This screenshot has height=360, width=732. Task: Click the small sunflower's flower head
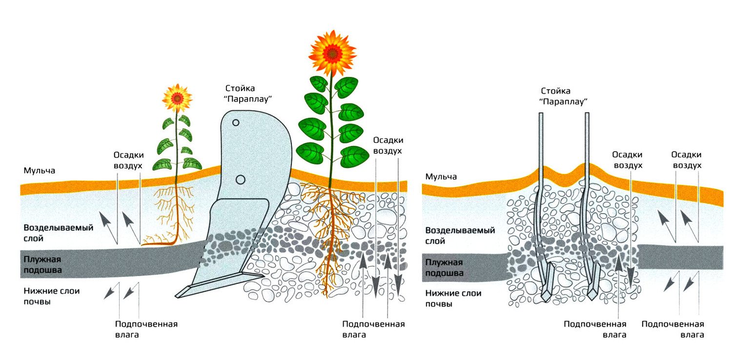(x=177, y=98)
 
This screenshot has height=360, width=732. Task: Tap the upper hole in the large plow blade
(x=236, y=123)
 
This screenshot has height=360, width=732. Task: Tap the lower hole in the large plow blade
(x=240, y=180)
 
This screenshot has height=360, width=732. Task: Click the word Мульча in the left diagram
(x=39, y=171)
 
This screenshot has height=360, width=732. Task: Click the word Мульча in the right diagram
(x=441, y=177)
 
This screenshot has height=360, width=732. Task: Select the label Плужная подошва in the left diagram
(x=42, y=264)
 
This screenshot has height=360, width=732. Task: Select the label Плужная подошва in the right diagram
(x=444, y=267)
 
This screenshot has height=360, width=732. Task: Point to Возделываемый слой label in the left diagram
(x=58, y=233)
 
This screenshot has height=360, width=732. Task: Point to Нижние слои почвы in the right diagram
(x=453, y=299)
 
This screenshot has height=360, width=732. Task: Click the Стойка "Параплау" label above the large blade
(x=248, y=94)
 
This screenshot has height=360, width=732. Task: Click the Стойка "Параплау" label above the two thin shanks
(x=563, y=96)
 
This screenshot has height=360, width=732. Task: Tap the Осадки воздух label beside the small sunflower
(x=128, y=160)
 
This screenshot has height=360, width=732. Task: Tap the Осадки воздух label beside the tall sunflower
(x=388, y=145)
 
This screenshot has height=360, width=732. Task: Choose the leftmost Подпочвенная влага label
(x=146, y=329)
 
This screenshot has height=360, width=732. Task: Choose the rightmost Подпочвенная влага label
(x=672, y=329)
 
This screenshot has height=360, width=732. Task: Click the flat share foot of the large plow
(x=220, y=285)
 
